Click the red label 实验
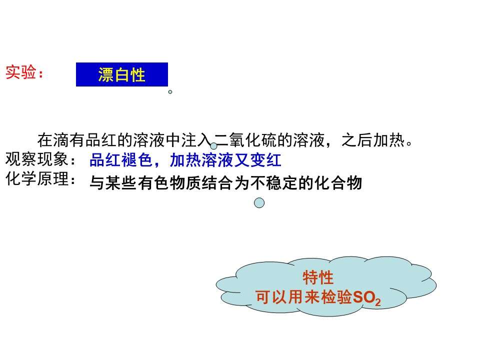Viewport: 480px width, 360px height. coord(21,72)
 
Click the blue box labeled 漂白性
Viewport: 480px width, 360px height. coord(122,74)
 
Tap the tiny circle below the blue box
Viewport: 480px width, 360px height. coord(170,92)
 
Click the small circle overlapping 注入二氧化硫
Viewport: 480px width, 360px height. coord(213,145)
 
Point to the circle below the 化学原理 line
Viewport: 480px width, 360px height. coord(259,202)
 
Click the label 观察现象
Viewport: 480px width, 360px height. coord(37,159)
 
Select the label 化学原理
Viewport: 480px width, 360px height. coord(37,178)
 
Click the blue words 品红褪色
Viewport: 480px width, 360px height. coord(121,160)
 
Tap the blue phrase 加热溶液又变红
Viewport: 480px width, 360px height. coord(225,160)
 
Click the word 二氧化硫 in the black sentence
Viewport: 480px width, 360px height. coord(245,140)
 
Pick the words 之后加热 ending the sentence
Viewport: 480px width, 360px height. coord(373,140)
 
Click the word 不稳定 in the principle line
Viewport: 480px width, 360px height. coord(274,183)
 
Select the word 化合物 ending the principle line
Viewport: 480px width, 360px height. coord(338,183)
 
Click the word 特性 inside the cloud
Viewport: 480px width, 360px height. coord(318,277)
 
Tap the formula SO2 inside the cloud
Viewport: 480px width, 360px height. coord(366,297)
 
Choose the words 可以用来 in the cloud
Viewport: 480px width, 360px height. coord(287,297)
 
